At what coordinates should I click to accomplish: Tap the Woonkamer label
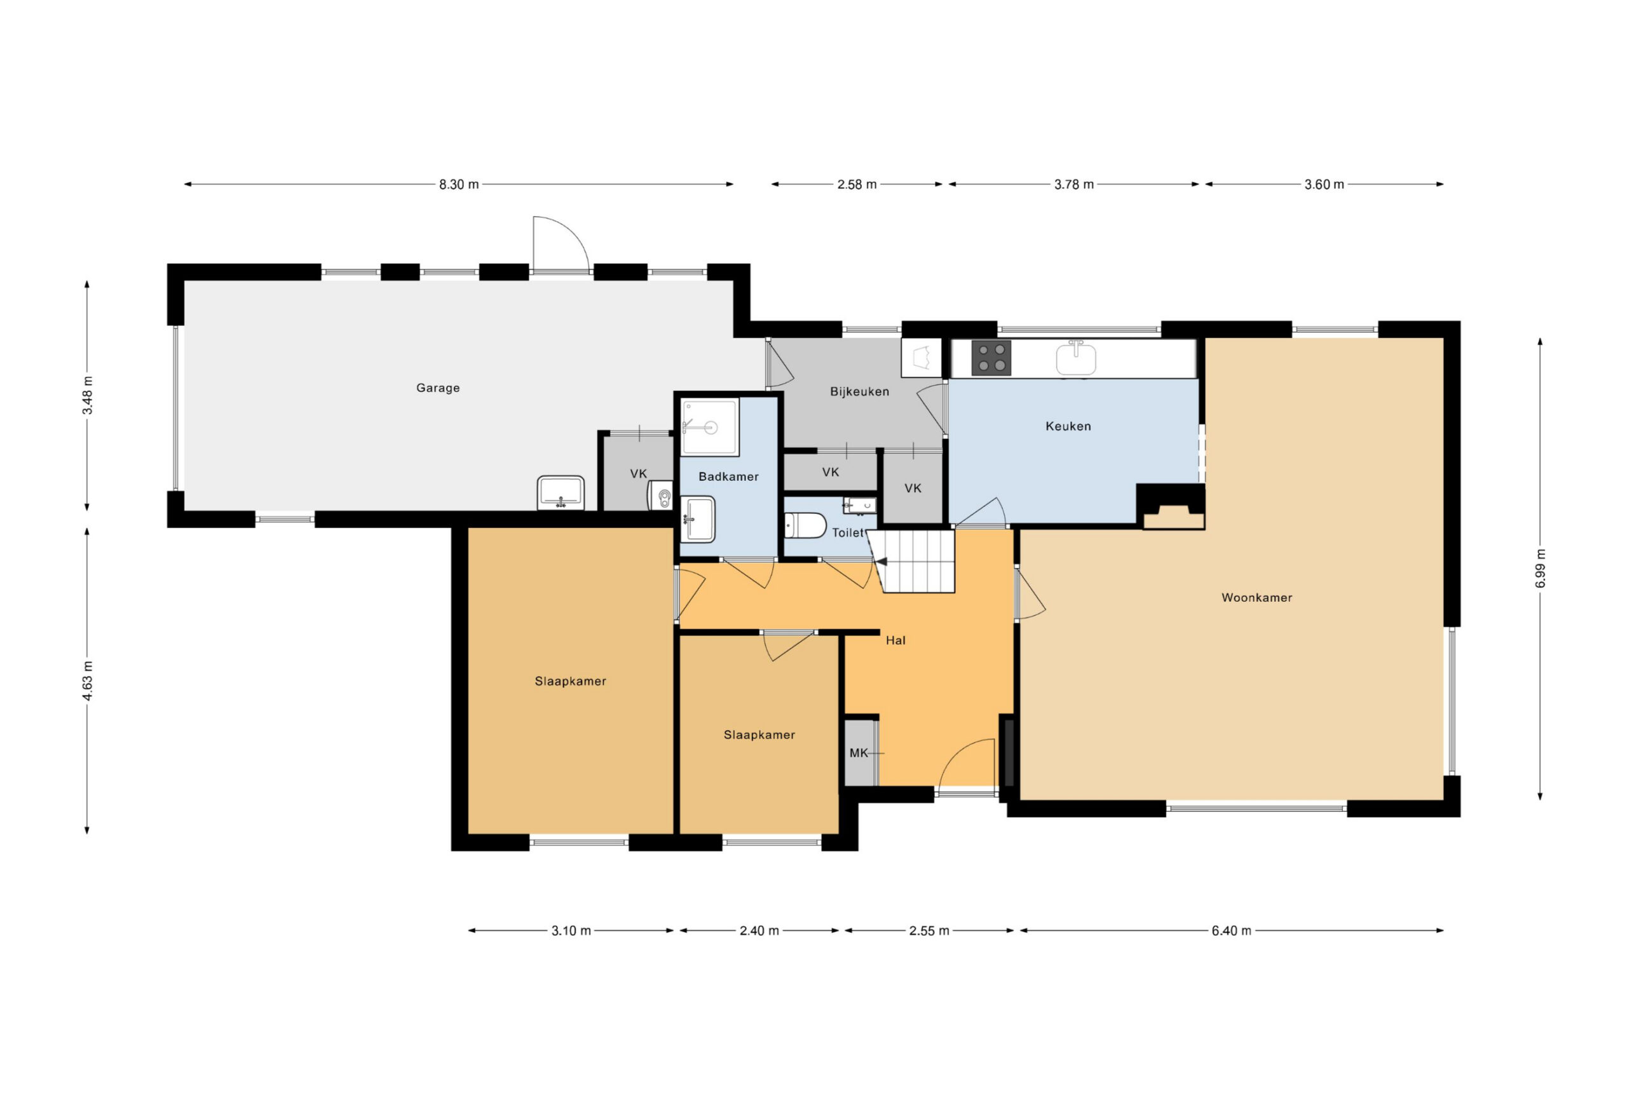coord(1256,597)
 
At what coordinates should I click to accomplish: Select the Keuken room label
coord(1068,426)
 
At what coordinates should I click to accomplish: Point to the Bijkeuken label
coord(859,391)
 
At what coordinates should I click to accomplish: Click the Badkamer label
coord(728,476)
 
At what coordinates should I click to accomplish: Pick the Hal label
coord(895,640)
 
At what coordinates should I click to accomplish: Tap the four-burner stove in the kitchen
coord(991,358)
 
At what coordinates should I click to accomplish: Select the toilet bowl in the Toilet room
coord(805,525)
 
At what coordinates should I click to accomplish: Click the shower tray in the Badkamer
coord(710,427)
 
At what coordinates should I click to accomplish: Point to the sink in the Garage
coord(560,493)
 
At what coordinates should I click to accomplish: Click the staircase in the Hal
coord(911,560)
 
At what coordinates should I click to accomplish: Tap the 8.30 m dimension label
coord(459,185)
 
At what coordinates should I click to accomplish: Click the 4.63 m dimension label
coord(87,680)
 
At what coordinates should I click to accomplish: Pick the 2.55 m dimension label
coord(929,931)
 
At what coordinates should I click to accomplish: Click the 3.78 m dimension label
coord(1074,185)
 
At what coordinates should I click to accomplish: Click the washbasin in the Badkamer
coord(698,518)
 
